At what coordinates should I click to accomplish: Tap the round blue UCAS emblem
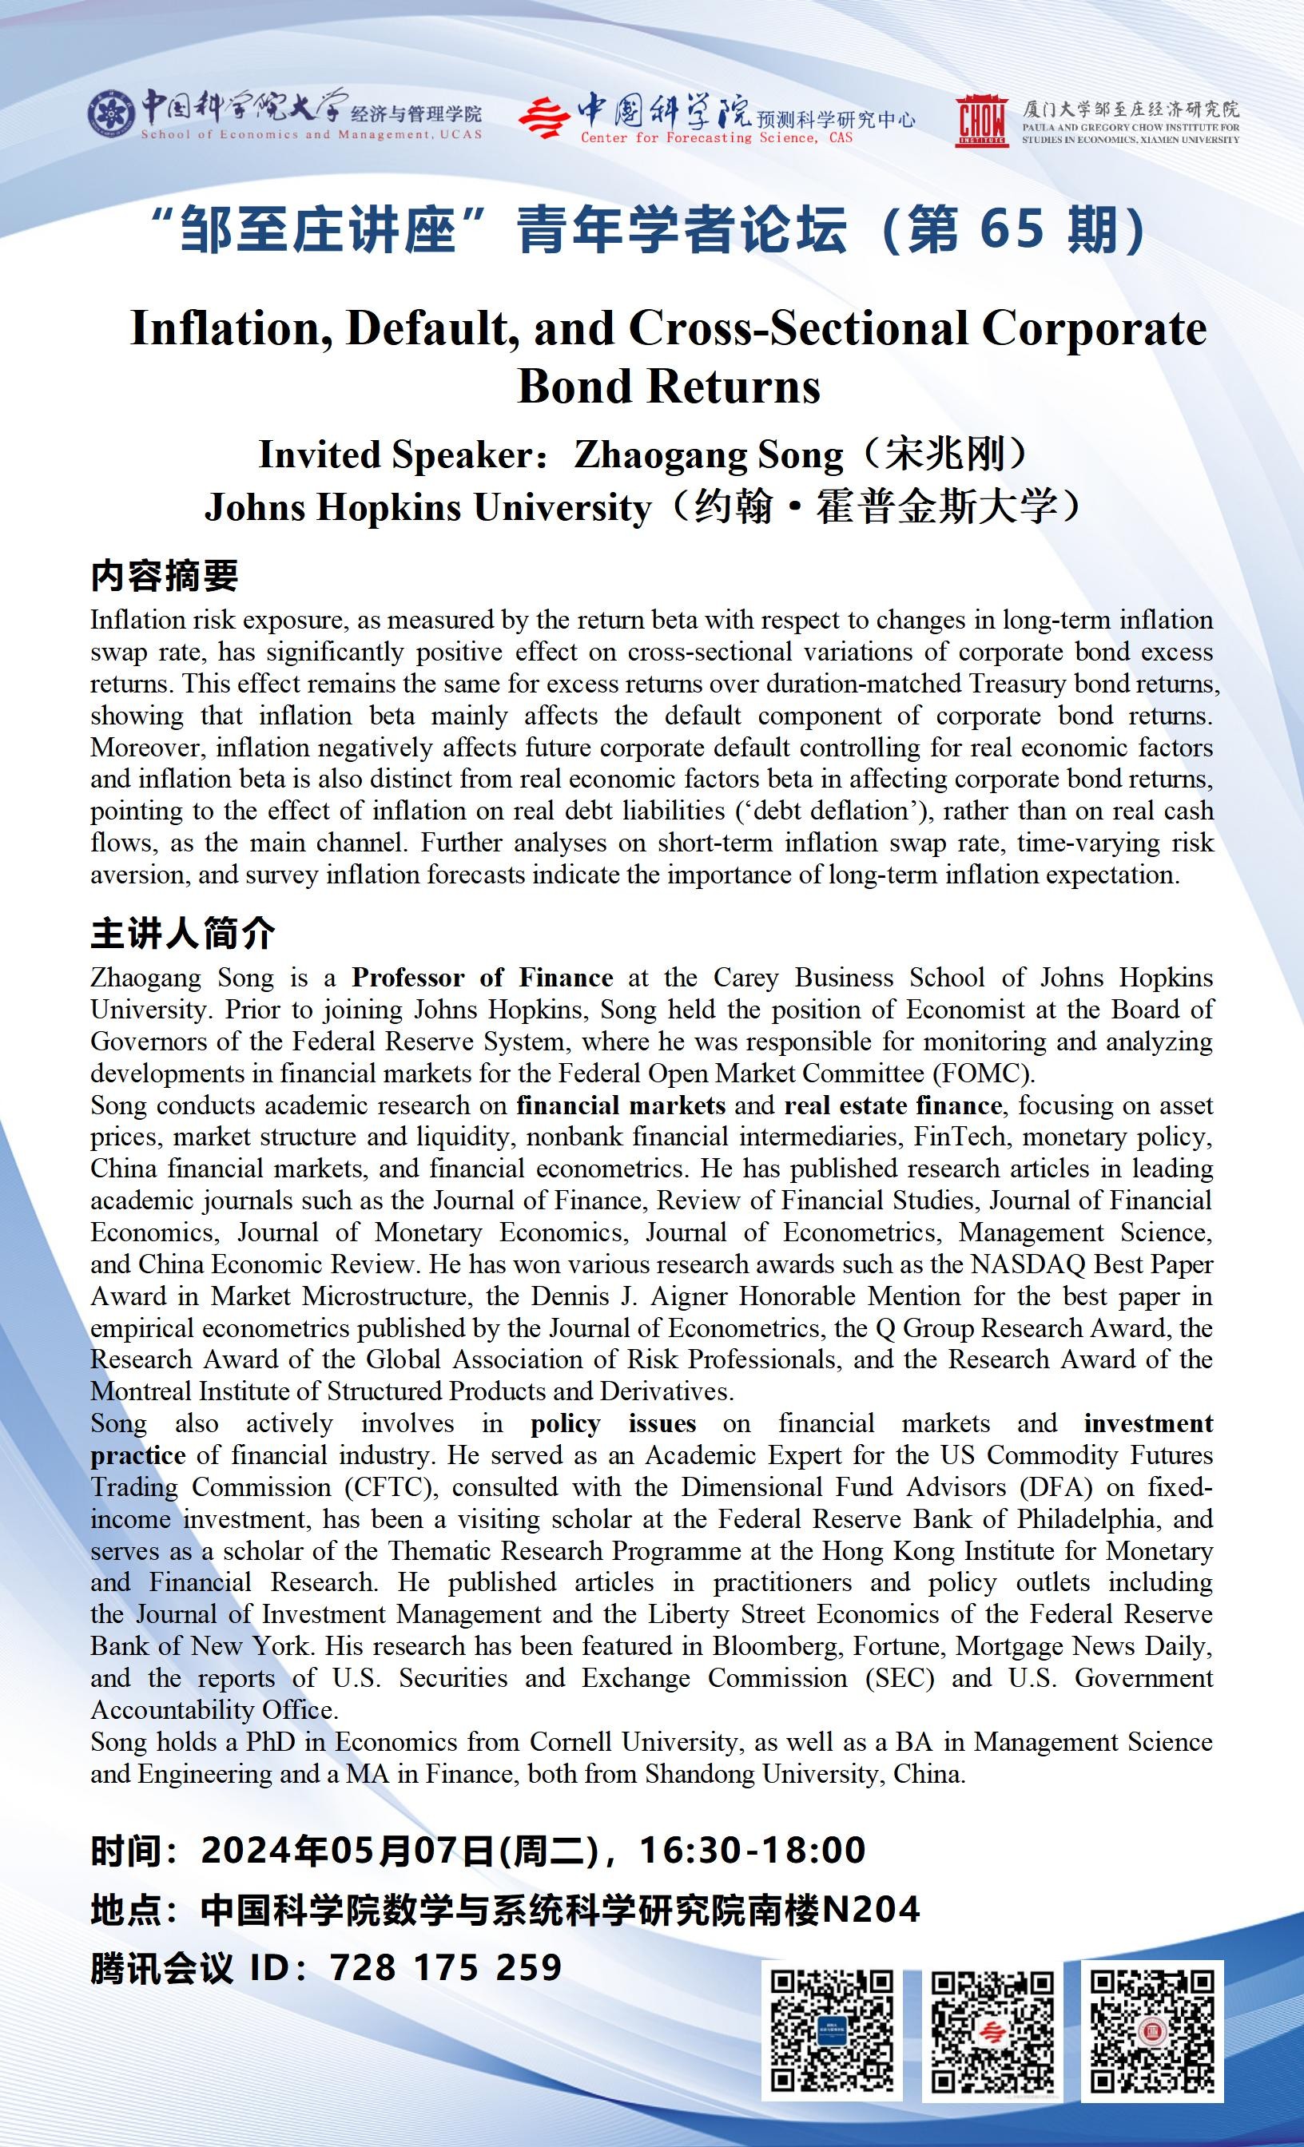point(112,113)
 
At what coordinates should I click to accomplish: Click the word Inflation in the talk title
point(230,328)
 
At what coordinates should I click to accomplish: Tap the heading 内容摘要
point(164,576)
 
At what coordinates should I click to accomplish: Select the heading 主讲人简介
point(182,933)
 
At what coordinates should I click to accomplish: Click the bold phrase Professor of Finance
point(482,978)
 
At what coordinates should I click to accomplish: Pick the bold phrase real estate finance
point(893,1105)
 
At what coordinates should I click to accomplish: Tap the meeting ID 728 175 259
point(445,1967)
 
